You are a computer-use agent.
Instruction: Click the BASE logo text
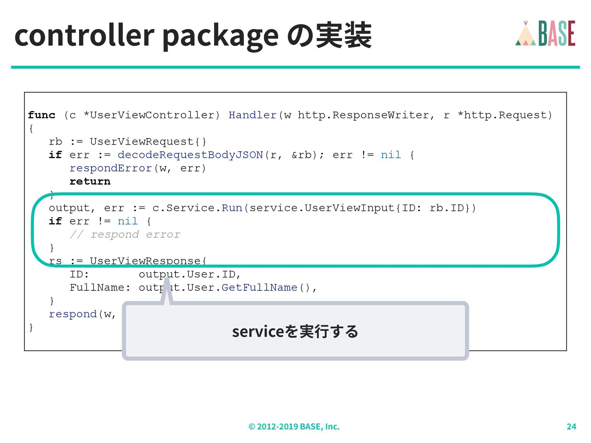click(x=557, y=33)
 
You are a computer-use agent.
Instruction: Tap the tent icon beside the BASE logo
click(x=525, y=34)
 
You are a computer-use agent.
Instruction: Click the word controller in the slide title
click(x=84, y=35)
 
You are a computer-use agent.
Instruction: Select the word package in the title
click(x=220, y=36)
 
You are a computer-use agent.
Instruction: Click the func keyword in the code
click(x=42, y=115)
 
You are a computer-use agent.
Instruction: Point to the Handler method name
click(x=252, y=115)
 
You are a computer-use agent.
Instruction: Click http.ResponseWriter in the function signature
click(x=363, y=115)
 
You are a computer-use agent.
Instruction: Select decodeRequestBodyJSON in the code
click(x=190, y=155)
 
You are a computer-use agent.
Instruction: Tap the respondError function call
click(x=111, y=168)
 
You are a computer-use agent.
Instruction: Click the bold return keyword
click(x=90, y=181)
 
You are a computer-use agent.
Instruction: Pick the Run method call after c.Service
click(x=232, y=208)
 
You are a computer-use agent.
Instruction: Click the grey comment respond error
click(x=125, y=234)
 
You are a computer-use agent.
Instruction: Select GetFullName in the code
click(x=259, y=287)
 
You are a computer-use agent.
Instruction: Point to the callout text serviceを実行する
click(x=295, y=331)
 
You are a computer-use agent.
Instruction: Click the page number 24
click(x=571, y=426)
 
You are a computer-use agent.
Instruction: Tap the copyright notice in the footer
click(x=294, y=426)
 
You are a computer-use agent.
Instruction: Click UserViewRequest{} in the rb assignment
click(x=148, y=142)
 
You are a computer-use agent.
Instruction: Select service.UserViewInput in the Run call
click(x=322, y=208)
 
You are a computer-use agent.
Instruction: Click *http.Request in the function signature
click(x=505, y=115)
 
